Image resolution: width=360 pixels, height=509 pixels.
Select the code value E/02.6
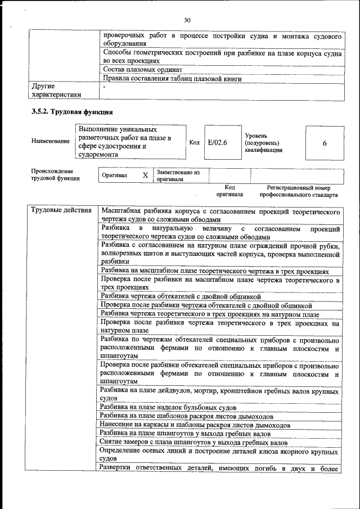pyautogui.click(x=217, y=143)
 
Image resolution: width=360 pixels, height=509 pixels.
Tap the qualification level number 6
pyautogui.click(x=325, y=143)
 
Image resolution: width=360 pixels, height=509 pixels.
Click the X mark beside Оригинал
pyautogui.click(x=145, y=175)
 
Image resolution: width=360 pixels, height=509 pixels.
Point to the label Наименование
pyautogui.click(x=51, y=141)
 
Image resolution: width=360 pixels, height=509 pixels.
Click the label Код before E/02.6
pyautogui.click(x=195, y=143)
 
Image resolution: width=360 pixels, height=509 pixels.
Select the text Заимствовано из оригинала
pyautogui.click(x=178, y=175)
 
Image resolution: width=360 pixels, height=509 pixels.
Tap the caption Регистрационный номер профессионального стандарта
pyautogui.click(x=299, y=191)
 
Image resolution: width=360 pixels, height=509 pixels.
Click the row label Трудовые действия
pyautogui.click(x=62, y=211)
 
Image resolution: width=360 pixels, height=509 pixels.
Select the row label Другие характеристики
pyautogui.click(x=57, y=91)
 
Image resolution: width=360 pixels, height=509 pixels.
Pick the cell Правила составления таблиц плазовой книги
pyautogui.click(x=172, y=79)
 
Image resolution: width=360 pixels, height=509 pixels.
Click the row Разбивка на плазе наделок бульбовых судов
pyautogui.click(x=169, y=407)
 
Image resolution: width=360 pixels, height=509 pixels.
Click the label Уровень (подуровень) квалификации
pyautogui.click(x=264, y=143)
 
